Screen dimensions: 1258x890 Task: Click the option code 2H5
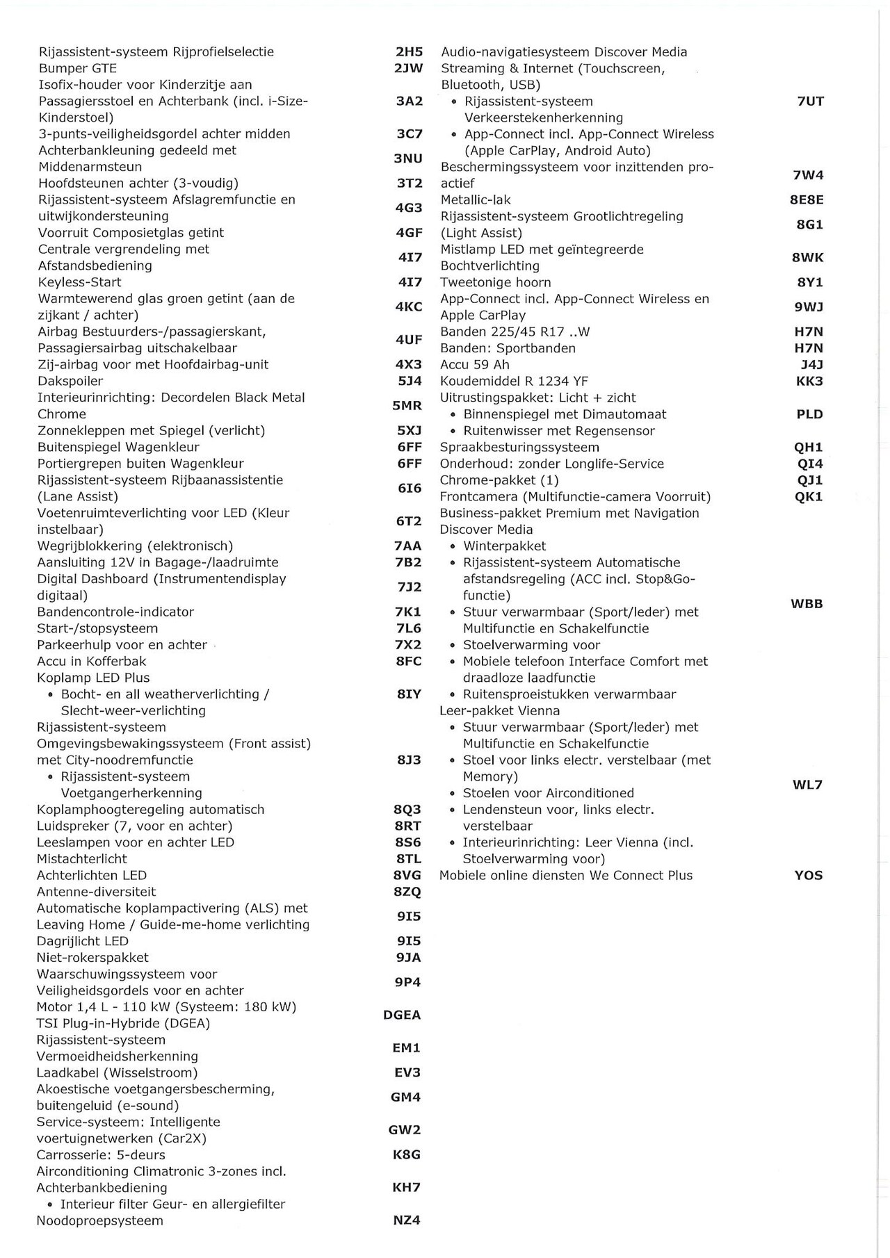(x=409, y=51)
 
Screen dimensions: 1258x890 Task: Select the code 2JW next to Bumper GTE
(x=408, y=68)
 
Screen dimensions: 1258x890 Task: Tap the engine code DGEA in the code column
(x=402, y=1015)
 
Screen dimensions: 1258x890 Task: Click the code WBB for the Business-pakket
(x=807, y=603)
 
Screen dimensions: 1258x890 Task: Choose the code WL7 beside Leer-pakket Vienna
(x=807, y=785)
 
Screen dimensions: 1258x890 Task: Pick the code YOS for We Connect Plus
(x=808, y=875)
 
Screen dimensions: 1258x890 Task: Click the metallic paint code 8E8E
(x=807, y=199)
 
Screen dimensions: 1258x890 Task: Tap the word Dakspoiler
(x=70, y=381)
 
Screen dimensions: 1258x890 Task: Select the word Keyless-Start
(x=79, y=282)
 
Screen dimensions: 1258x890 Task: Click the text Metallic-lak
(x=476, y=199)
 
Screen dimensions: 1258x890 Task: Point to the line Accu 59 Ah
(x=475, y=364)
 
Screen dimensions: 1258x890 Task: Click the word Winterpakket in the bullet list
(x=505, y=546)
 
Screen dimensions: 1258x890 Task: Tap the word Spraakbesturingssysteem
(x=519, y=447)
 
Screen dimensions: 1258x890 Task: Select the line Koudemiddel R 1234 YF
(x=514, y=381)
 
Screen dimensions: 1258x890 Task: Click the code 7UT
(x=810, y=101)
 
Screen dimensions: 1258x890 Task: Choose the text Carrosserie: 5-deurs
(x=101, y=1154)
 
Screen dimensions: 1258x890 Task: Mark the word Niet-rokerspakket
(x=92, y=957)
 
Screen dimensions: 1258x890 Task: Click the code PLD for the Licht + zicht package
(x=809, y=414)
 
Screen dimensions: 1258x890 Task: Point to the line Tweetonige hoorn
(x=495, y=282)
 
